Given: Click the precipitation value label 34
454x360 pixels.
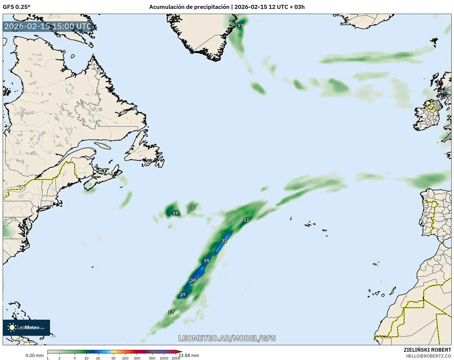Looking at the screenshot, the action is click(193, 280).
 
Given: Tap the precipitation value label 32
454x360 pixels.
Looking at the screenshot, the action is click(224, 240).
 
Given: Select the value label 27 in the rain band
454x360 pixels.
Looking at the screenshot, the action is click(183, 295).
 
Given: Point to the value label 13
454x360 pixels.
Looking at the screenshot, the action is click(246, 220).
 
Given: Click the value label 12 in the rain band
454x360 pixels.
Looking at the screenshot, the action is click(171, 312).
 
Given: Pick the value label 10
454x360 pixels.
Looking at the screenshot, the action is click(191, 208).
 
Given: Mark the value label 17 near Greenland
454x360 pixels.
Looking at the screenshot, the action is click(240, 25).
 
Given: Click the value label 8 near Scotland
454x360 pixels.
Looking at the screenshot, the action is click(442, 92).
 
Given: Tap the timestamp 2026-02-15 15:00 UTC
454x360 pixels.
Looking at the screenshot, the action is click(48, 26).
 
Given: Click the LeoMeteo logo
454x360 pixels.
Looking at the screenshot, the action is click(26, 327).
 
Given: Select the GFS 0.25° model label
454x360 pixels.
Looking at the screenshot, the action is click(17, 7).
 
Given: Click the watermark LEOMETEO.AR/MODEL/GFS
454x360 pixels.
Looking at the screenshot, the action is click(227, 338).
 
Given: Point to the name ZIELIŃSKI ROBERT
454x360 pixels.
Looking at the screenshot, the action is click(427, 350).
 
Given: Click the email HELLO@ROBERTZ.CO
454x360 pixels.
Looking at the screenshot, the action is click(428, 356).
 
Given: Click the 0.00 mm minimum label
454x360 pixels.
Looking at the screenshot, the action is click(34, 355).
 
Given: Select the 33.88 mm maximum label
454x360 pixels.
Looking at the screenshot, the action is click(189, 355).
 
